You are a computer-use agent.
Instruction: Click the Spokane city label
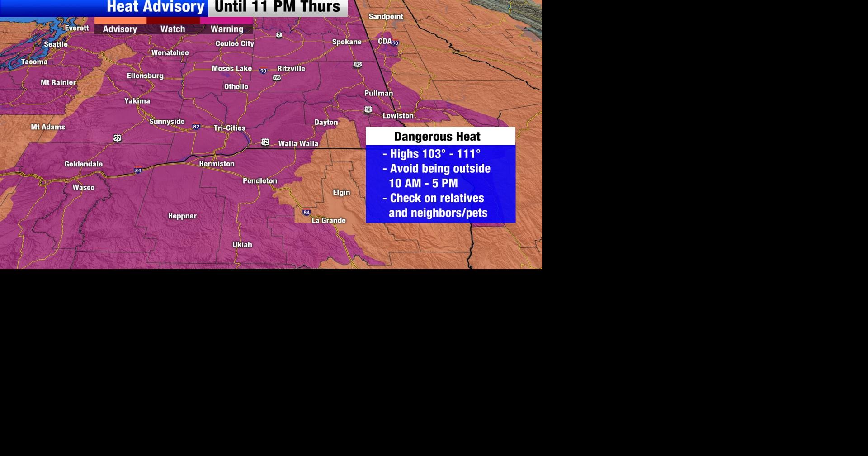(347, 42)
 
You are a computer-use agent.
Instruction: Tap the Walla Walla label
(298, 144)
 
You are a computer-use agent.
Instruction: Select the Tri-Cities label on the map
(230, 128)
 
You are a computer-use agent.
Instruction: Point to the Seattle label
(56, 44)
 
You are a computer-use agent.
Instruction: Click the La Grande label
(329, 221)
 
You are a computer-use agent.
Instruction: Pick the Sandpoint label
(386, 17)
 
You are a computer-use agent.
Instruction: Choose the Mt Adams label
(48, 127)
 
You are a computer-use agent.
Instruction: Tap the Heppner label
(182, 216)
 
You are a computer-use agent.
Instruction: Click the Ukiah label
(242, 245)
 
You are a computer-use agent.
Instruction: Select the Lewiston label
(398, 116)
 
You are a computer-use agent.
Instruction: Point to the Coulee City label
(235, 44)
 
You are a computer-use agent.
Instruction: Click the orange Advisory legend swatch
(120, 20)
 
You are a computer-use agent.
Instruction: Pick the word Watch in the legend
(173, 29)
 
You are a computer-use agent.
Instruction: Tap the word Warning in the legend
(227, 29)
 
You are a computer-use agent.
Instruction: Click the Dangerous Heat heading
(437, 137)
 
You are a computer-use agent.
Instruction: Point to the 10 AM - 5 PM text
(423, 183)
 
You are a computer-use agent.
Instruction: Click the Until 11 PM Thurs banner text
(277, 7)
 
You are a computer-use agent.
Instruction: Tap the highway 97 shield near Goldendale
(118, 138)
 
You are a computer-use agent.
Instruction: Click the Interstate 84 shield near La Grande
(307, 212)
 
